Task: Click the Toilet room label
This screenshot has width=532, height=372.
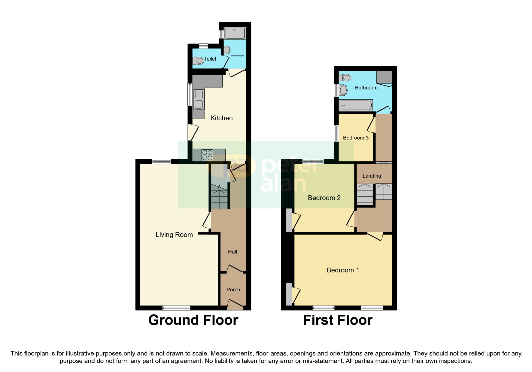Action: click(210, 59)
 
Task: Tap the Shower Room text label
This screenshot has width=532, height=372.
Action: click(237, 56)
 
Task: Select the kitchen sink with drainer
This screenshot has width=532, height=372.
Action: click(199, 99)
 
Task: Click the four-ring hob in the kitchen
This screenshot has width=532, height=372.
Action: click(207, 155)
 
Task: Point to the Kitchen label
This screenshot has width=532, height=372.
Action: click(221, 118)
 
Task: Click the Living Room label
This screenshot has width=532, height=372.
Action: click(174, 235)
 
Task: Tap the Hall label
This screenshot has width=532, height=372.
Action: click(233, 252)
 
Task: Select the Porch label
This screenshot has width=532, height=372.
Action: click(233, 290)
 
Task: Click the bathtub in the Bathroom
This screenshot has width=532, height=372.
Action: click(356, 105)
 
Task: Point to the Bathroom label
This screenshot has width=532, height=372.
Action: click(366, 88)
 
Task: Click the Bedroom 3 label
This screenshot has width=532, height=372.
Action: click(356, 138)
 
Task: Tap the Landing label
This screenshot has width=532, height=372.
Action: click(372, 176)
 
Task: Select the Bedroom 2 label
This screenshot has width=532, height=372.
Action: click(324, 198)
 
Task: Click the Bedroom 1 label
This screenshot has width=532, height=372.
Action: click(343, 270)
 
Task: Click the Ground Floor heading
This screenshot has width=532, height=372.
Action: click(193, 320)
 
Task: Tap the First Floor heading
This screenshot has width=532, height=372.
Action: click(338, 320)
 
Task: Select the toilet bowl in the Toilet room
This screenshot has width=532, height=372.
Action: click(199, 61)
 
